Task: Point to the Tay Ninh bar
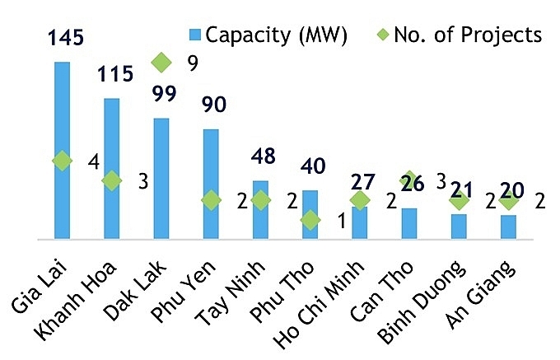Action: pyautogui.click(x=260, y=210)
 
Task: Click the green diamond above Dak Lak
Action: pyautogui.click(x=161, y=62)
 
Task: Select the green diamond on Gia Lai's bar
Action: pyautogui.click(x=62, y=161)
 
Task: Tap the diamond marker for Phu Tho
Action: pyautogui.click(x=310, y=220)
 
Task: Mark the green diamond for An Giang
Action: pyautogui.click(x=508, y=200)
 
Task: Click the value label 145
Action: pyautogui.click(x=63, y=37)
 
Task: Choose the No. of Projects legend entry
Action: pyautogui.click(x=459, y=35)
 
